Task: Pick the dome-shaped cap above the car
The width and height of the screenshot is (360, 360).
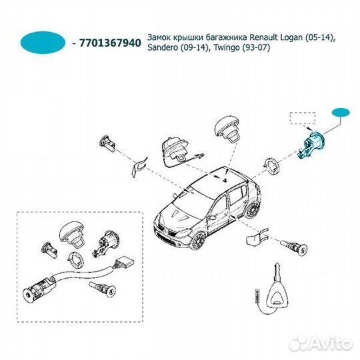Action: point(228,129)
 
